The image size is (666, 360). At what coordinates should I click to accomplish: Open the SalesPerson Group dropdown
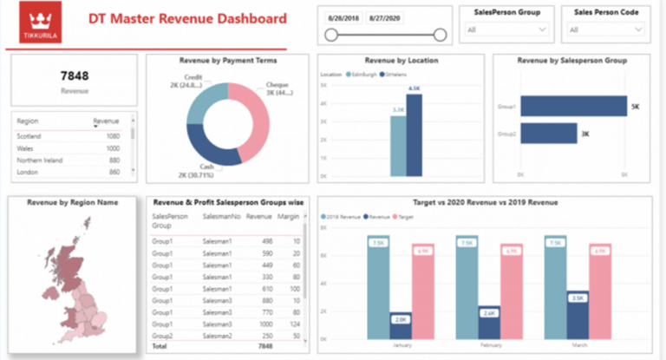[x=507, y=29]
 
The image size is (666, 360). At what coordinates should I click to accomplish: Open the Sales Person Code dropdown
[x=606, y=29]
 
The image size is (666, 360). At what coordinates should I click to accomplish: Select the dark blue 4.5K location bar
[x=414, y=134]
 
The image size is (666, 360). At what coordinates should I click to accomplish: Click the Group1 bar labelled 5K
[x=573, y=107]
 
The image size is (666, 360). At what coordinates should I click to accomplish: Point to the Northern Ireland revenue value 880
[x=112, y=160]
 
